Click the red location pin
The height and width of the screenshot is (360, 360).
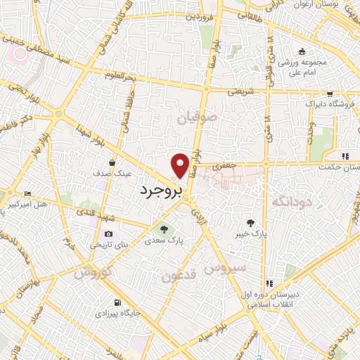[x=181, y=165]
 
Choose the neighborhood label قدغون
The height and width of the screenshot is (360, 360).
[x=179, y=276]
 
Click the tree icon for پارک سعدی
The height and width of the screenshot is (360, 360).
[x=165, y=229]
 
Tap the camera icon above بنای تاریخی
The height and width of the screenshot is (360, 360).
[x=108, y=234]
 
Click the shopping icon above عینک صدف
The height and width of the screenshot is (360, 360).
[x=112, y=162]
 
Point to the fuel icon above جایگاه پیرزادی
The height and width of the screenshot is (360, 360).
[x=117, y=304]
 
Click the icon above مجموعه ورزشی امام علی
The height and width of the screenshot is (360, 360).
[x=301, y=51]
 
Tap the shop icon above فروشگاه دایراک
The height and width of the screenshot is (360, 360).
[x=329, y=94]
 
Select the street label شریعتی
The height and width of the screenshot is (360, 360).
[x=241, y=91]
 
